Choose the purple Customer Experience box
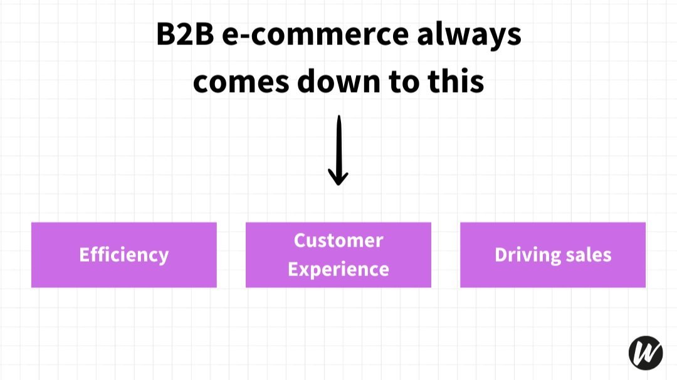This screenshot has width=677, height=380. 338,255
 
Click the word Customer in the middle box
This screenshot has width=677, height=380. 338,240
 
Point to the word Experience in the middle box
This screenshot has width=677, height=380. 338,270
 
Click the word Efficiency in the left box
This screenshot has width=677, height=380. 124,255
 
